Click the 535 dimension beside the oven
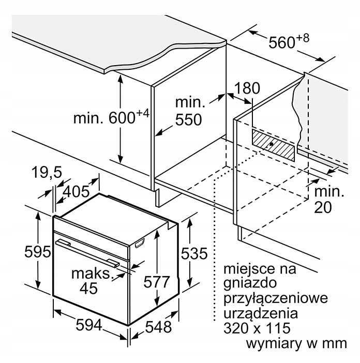[x=194, y=253]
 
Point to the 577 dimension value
[x=157, y=282]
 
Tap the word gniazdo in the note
[x=250, y=283]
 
